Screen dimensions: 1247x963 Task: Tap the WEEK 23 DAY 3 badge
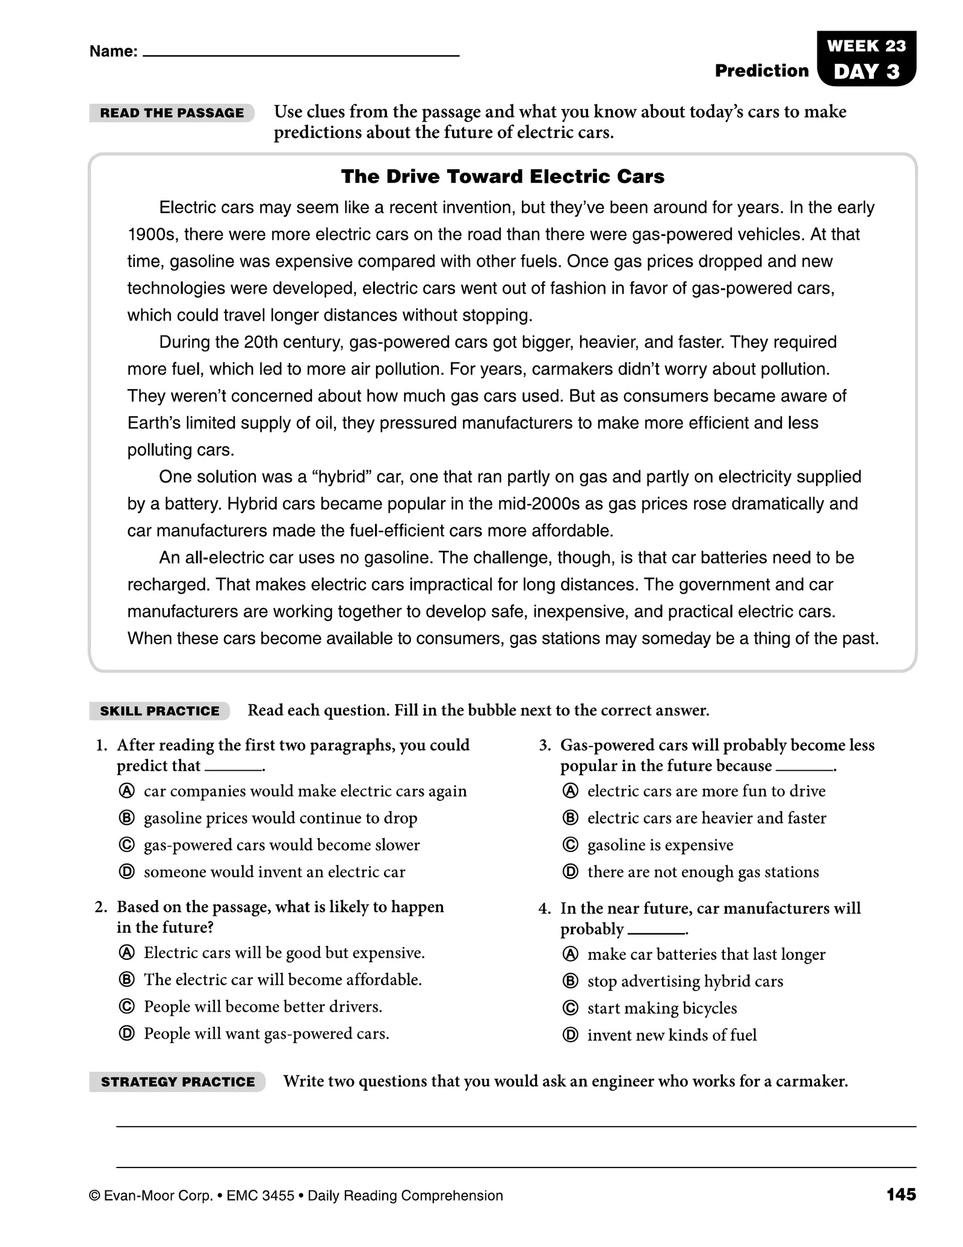866,59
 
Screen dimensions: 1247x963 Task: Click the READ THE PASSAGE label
172,113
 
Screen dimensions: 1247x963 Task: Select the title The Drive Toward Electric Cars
503,176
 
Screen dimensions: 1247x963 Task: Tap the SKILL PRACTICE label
159,711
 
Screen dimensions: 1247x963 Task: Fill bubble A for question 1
126,791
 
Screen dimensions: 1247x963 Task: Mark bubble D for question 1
126,872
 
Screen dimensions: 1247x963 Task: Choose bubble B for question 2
126,980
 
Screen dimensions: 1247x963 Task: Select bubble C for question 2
126,1007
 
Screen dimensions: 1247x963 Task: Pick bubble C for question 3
570,845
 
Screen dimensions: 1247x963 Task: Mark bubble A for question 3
570,791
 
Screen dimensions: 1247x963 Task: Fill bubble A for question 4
570,954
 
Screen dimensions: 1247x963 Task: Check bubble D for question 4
570,1035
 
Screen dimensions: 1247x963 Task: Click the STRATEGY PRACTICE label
178,1082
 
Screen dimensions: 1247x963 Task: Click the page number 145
900,1195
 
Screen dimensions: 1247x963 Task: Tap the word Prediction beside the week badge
761,71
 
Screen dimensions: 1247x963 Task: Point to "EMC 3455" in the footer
260,1196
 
